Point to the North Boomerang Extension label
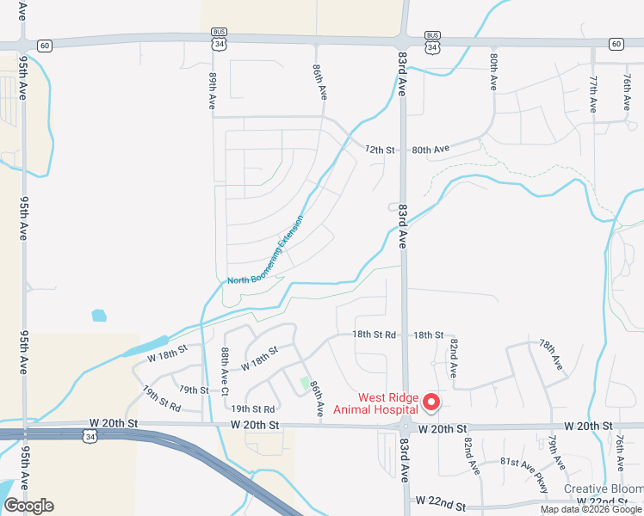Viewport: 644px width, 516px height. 266,251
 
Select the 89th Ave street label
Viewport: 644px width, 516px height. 212,89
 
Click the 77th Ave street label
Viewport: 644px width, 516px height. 593,94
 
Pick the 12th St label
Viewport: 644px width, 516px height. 379,150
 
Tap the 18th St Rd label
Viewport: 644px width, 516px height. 374,335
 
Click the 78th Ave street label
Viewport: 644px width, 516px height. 551,355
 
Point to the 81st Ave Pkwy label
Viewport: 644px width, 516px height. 523,470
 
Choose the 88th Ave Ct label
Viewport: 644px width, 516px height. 224,371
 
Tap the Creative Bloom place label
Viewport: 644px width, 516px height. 603,488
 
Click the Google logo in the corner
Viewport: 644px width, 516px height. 28,506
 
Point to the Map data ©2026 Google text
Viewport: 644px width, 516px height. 591,509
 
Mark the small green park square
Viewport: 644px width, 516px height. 304,382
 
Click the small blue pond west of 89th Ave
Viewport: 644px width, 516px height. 99,315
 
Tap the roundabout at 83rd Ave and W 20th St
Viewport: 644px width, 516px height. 405,427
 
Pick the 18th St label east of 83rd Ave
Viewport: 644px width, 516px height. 428,335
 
